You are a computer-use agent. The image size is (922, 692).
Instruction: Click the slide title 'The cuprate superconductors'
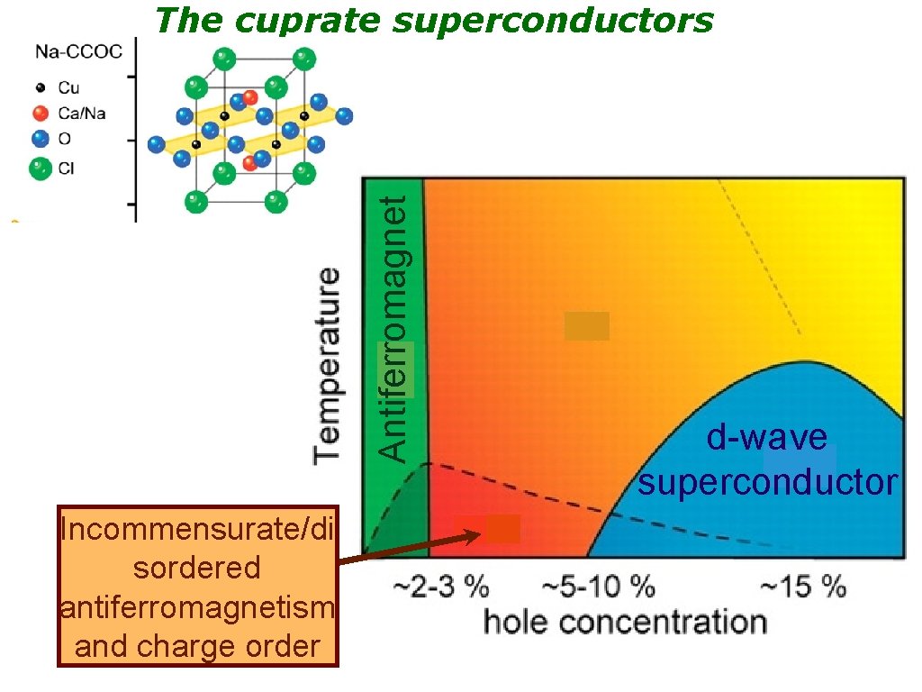434,20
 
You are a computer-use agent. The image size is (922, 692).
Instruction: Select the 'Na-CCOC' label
78,51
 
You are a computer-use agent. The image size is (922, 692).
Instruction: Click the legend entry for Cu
68,87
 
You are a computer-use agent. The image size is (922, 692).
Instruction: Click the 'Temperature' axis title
328,364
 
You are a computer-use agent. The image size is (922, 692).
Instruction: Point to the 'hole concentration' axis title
625,622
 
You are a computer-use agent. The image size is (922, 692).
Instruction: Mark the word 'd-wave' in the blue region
766,438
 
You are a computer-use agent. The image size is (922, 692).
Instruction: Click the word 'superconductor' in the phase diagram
768,482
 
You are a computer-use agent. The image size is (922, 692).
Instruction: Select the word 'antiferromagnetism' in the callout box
197,608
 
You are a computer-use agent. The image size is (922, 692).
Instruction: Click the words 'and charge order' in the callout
197,646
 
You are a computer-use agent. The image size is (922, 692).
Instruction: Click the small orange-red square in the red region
502,528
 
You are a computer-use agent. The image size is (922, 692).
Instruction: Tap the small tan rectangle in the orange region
587,325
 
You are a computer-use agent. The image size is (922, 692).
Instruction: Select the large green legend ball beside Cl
40,168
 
